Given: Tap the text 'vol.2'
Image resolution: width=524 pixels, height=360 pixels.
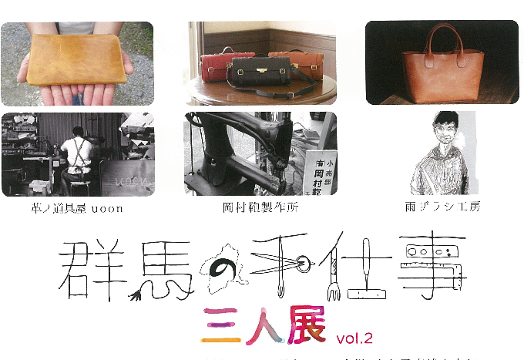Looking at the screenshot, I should coord(354,338).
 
